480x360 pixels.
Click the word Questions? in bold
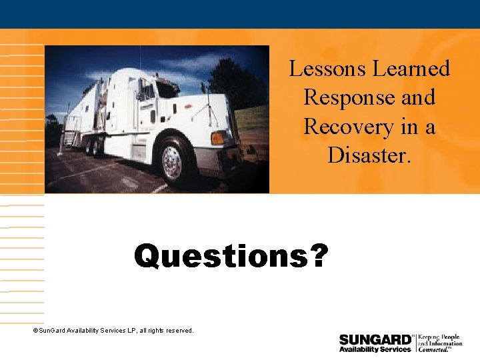click(x=231, y=257)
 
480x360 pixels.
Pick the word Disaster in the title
click(x=367, y=155)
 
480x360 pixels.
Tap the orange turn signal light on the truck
click(x=217, y=138)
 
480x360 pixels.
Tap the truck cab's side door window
click(x=146, y=91)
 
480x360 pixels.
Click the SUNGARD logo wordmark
click(x=375, y=340)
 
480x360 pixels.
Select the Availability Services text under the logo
click(x=375, y=349)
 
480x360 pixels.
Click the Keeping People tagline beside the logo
click(x=439, y=338)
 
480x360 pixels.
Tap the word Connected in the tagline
click(x=433, y=349)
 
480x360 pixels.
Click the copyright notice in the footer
click(x=113, y=330)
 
